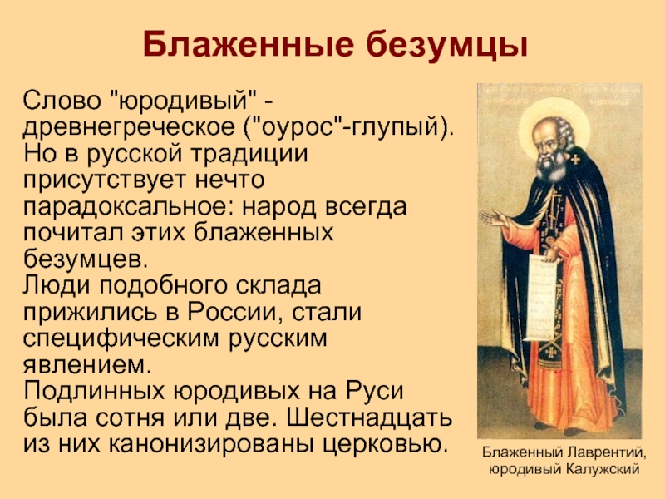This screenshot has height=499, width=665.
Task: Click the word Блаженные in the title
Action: coord(248,44)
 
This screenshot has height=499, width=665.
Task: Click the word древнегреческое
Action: coord(129,127)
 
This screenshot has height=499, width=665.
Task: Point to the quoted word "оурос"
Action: coord(300,127)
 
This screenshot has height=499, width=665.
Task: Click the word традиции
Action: coord(249,154)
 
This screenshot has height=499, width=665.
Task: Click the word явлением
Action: coord(87,365)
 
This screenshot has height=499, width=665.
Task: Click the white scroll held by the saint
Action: coord(541,296)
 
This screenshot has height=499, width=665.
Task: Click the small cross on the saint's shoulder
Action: coord(575,160)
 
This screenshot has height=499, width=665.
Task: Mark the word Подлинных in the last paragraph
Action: coord(94,391)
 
